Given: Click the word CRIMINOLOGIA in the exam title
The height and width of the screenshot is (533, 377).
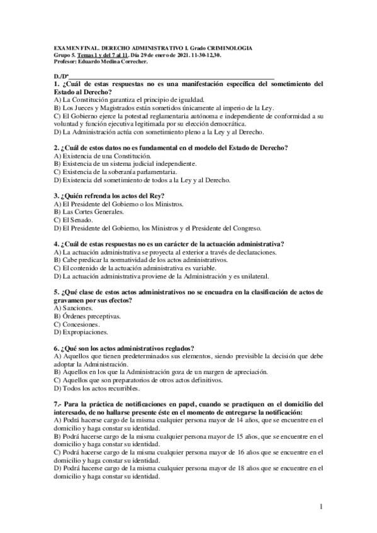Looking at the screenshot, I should click(227, 48).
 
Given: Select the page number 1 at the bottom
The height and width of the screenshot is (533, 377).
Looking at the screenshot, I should click(321, 506).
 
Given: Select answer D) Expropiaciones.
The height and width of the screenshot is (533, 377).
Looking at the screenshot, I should click(81, 331).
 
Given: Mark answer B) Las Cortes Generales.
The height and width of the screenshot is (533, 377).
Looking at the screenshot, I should click(92, 212).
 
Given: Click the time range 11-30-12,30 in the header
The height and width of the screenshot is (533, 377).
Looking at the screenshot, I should click(220, 55).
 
